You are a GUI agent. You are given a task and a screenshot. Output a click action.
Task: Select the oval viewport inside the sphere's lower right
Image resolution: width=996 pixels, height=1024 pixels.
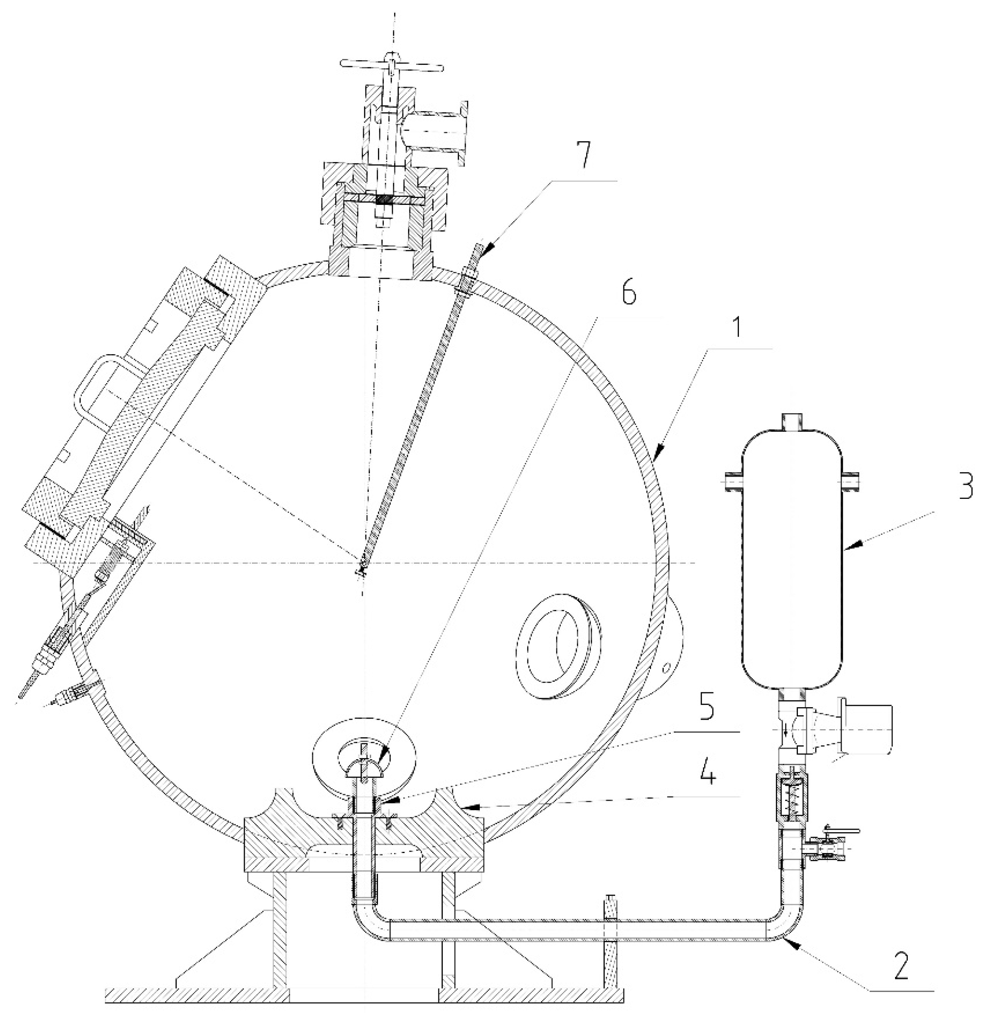[557, 644]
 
